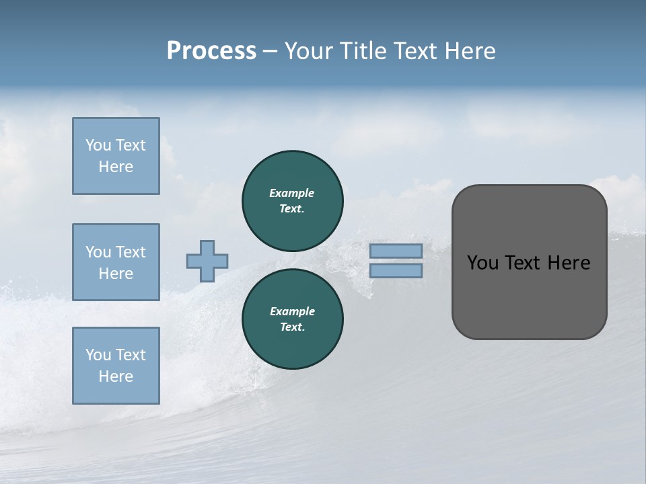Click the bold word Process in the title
(x=211, y=51)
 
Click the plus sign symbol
(x=207, y=261)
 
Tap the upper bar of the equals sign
(x=396, y=251)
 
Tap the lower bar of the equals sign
(x=396, y=270)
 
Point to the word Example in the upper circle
(x=291, y=193)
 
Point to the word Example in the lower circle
(x=292, y=311)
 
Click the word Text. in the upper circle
(x=292, y=208)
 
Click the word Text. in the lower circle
(x=292, y=327)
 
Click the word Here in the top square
(x=116, y=167)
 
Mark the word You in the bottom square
(x=98, y=355)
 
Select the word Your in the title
(x=310, y=51)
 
